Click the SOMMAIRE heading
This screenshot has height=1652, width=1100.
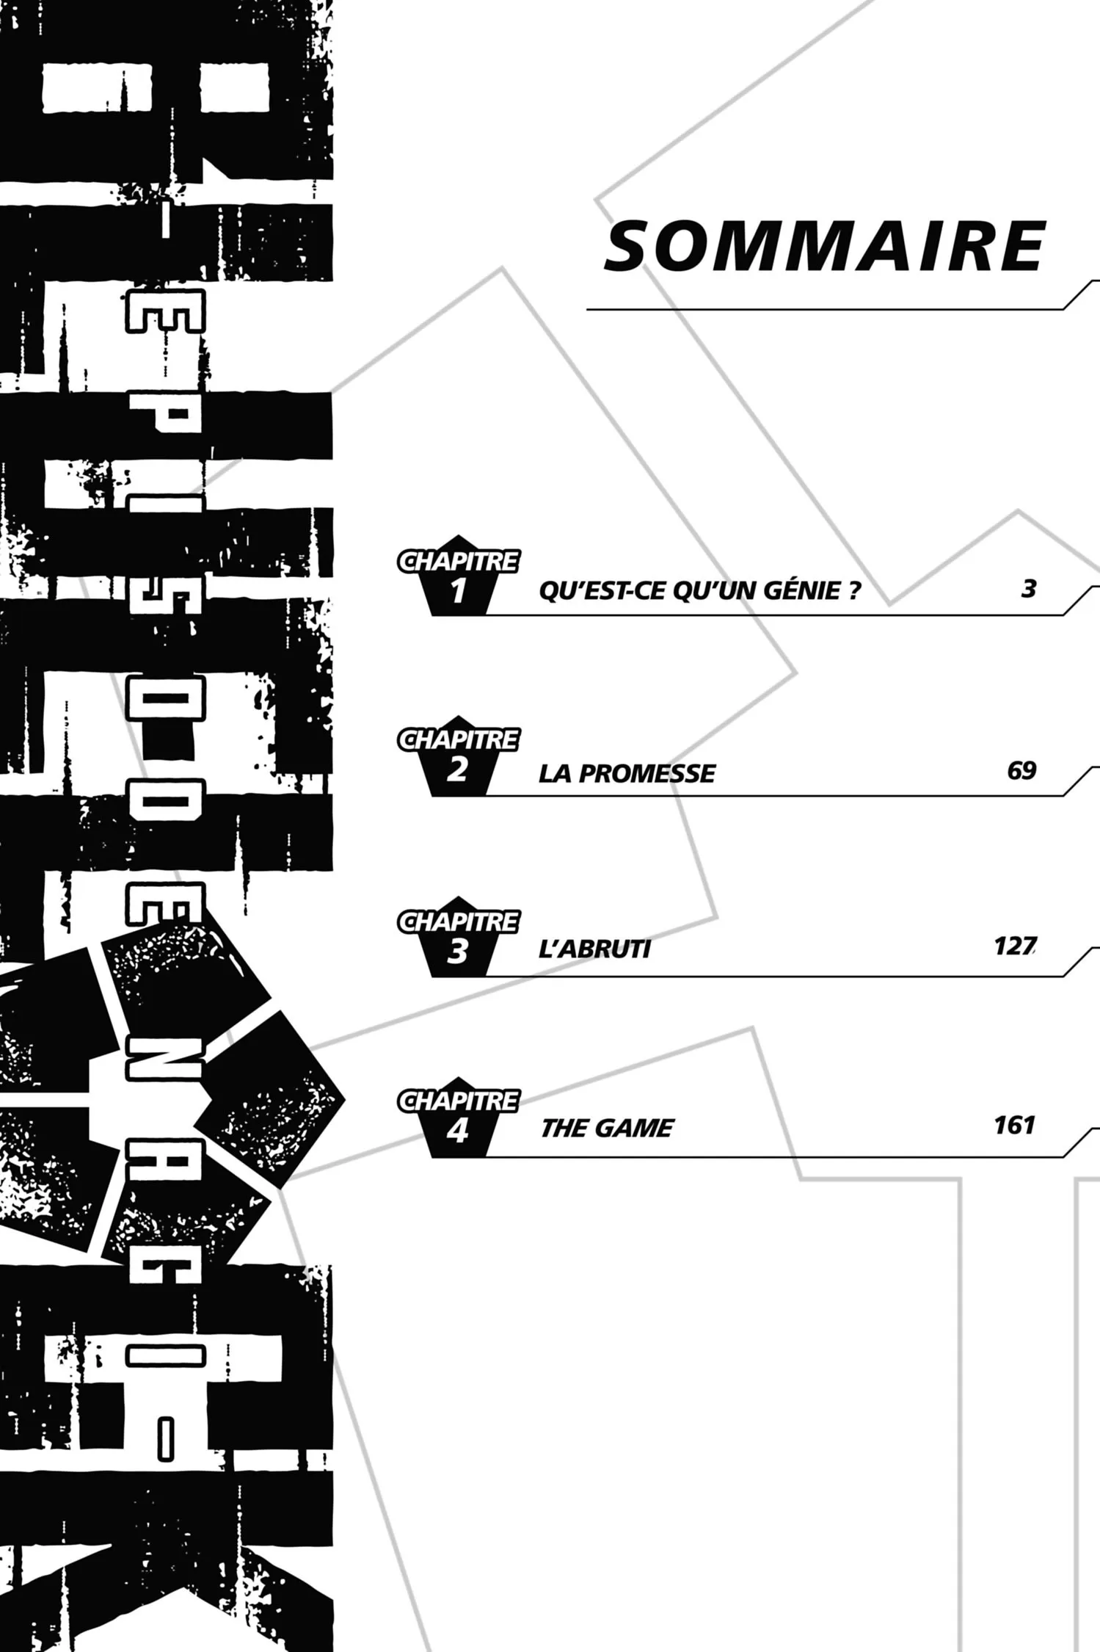coord(824,247)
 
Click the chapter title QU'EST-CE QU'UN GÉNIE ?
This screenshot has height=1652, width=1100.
coord(699,591)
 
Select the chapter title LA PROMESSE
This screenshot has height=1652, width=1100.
coord(627,773)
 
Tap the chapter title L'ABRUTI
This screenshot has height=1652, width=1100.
coord(594,949)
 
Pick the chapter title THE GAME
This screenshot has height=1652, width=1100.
coord(607,1128)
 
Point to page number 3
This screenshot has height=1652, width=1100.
coord(1029,589)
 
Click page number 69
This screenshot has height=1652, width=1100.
coord(1021,771)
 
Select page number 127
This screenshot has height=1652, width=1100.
coord(1015,946)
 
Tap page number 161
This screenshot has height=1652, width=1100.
coord(1014,1126)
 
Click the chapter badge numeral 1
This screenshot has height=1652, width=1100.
coord(459,591)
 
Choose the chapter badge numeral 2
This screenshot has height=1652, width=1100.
coord(457,770)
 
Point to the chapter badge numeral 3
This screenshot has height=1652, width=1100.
coord(457,952)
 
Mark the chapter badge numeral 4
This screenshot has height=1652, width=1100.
coord(457,1131)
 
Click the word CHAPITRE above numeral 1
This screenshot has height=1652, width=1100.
coord(459,562)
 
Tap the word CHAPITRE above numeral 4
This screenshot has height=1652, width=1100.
coord(459,1101)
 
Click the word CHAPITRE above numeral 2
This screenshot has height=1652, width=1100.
coord(459,740)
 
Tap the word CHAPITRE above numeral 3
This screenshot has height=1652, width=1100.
coord(459,921)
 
